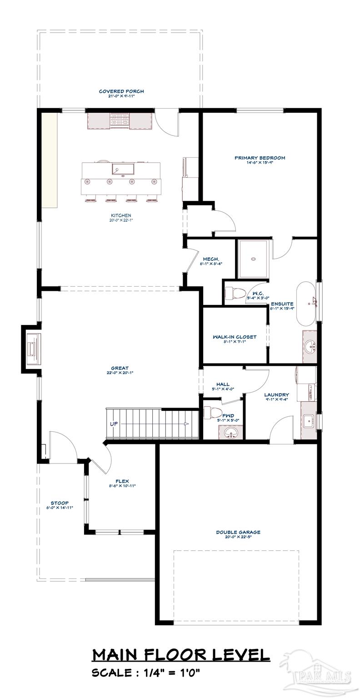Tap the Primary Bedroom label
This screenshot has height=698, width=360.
(x=260, y=158)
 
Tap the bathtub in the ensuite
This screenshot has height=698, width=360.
(x=308, y=304)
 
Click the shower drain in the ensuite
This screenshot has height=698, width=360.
(x=253, y=259)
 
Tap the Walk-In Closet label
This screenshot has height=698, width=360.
(x=235, y=337)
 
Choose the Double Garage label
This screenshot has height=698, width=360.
(x=238, y=532)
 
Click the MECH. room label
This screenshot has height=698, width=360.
(x=211, y=259)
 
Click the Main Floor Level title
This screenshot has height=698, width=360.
(x=181, y=654)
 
